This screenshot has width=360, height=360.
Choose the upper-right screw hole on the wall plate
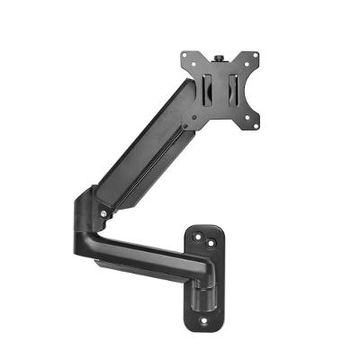(x=212, y=243)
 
